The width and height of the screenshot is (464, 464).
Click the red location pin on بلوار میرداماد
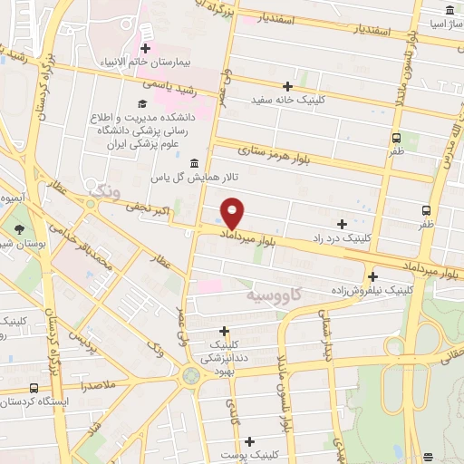[x=233, y=214]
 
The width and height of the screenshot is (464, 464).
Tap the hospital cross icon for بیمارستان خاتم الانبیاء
[x=144, y=46]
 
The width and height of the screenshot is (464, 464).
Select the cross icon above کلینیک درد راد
[x=342, y=223]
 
